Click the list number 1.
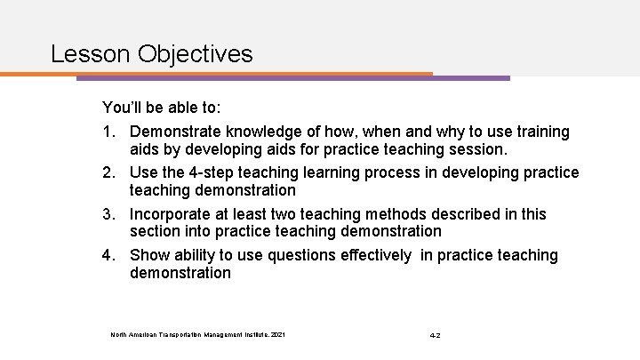[109, 132]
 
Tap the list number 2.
[109, 172]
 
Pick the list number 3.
[109, 214]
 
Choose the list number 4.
[109, 255]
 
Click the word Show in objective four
[149, 255]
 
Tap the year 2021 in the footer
[279, 335]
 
